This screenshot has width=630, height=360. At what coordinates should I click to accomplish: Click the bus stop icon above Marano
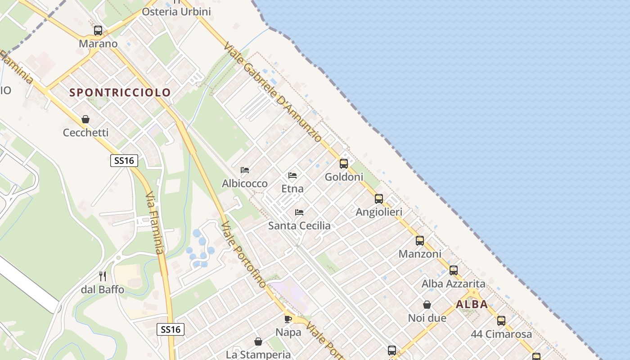pos(98,31)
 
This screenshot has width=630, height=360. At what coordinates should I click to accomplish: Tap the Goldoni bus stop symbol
pos(344,164)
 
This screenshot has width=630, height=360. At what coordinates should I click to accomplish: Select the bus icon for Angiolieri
pos(379,199)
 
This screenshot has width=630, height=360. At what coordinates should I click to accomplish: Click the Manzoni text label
pos(420,254)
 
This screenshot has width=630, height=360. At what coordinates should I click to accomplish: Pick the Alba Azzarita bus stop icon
pos(454,270)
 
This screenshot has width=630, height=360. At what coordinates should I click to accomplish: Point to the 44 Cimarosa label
pos(501,334)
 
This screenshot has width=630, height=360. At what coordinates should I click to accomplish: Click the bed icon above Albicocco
pos(245,170)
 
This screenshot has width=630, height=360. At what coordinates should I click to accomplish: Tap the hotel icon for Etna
pos(292,175)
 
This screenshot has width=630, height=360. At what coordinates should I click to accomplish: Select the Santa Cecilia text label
pos(299,226)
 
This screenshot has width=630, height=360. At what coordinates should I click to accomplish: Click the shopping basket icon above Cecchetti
pos(85,119)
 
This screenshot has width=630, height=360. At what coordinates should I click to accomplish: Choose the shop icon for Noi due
pos(427,305)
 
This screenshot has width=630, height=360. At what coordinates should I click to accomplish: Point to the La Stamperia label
pos(258,355)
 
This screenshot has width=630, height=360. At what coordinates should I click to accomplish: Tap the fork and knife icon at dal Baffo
pos(103,276)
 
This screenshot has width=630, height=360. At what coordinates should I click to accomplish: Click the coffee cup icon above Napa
pos(288,319)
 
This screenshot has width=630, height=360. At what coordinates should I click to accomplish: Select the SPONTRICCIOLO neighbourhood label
pos(120,93)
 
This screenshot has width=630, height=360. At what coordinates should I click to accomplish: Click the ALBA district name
pos(472,304)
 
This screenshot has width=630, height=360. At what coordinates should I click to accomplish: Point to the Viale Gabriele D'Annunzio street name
pos(272,92)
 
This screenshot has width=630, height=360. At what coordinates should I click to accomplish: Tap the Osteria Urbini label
pos(176,12)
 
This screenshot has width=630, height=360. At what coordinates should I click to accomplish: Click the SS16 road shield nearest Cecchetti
pos(124,161)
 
